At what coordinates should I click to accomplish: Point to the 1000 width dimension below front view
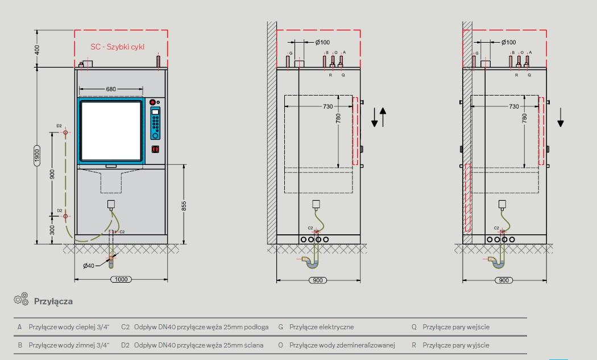pos(121,280)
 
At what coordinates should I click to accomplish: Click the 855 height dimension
pos(184,206)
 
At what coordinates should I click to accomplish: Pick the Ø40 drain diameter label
pos(89,266)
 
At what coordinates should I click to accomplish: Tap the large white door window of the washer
pos(110,130)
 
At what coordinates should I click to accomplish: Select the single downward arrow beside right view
pos(561,117)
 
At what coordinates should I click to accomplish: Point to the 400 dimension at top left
pos(38,49)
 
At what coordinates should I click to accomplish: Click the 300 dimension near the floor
pos(52,229)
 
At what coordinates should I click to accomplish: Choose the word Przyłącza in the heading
pos(53,301)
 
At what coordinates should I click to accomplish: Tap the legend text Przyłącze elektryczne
pos(321,327)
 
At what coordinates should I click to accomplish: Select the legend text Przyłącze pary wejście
pos(456,327)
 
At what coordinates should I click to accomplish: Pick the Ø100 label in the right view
pos(508,43)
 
